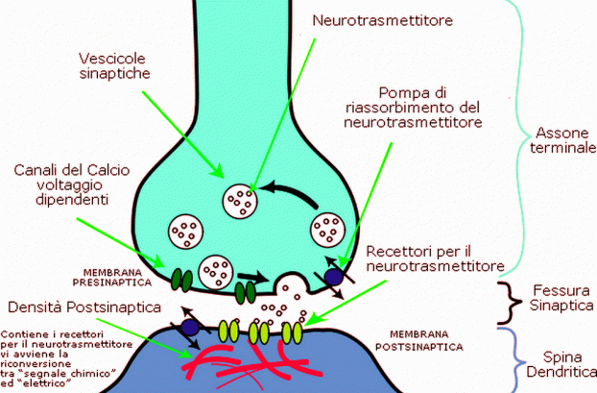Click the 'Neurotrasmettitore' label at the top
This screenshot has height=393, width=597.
[383, 20]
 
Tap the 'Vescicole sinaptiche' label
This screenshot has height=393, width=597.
[114, 66]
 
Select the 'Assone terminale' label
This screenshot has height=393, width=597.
[563, 140]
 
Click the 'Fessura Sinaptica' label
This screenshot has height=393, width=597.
[562, 298]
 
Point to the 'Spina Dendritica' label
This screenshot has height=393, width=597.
[562, 364]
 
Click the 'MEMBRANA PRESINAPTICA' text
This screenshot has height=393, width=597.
[112, 278]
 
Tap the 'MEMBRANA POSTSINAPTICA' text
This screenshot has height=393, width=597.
[419, 341]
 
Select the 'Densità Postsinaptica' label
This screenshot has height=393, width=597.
[84, 307]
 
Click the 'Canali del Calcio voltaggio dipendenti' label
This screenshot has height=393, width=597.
[72, 184]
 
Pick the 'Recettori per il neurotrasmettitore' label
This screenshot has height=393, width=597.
[435, 258]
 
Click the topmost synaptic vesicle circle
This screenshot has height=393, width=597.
[240, 201]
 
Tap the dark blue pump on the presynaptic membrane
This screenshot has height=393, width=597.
[333, 277]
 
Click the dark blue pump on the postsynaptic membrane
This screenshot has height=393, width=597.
[190, 328]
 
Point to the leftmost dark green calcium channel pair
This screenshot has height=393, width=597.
[182, 281]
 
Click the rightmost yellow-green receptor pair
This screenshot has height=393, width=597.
[293, 332]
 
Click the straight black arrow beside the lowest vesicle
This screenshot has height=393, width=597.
[253, 277]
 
